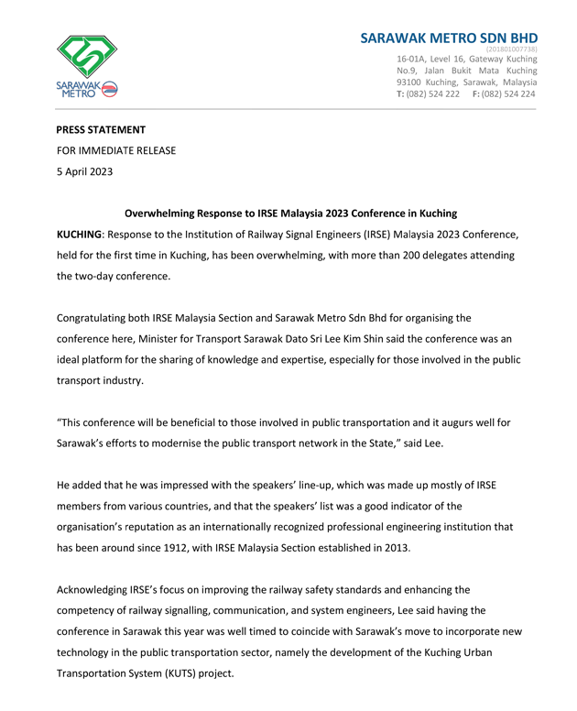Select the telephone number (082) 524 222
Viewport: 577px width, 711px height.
pyautogui.click(x=434, y=94)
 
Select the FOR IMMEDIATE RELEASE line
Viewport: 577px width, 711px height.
pyautogui.click(x=116, y=150)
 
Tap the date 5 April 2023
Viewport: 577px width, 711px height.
pyautogui.click(x=87, y=171)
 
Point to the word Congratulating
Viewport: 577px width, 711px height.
pyautogui.click(x=102, y=318)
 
